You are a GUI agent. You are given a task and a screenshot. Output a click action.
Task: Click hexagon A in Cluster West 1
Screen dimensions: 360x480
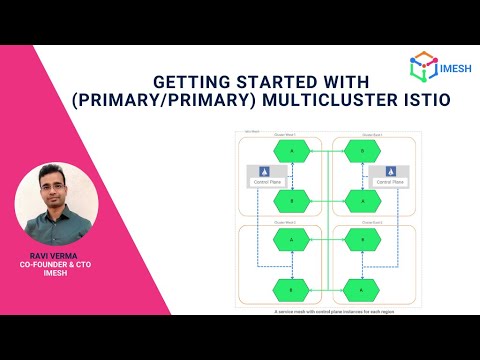(291, 150)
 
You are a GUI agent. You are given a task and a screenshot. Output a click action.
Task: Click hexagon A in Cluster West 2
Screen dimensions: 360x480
(291, 239)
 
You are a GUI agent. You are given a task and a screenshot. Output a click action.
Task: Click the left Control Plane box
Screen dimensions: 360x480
(265, 177)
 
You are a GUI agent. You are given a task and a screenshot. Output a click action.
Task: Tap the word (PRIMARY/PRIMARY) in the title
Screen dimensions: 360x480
(201, 100)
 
